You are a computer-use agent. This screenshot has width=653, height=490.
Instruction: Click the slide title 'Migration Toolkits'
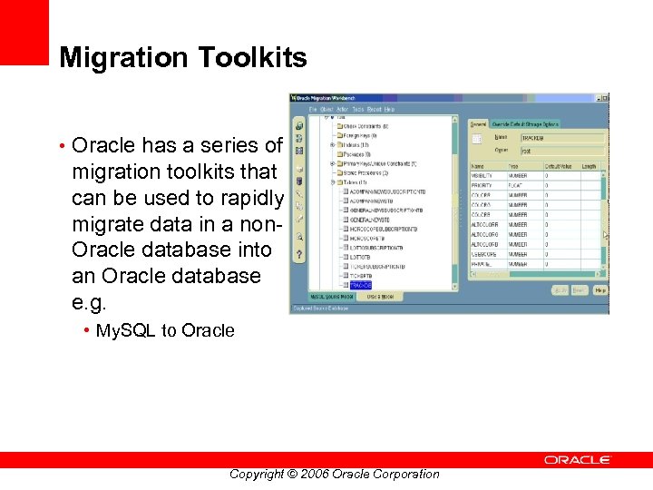[x=182, y=58]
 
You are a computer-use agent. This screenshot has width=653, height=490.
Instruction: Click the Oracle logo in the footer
[x=578, y=460]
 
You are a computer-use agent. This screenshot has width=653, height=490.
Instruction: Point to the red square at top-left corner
[x=24, y=32]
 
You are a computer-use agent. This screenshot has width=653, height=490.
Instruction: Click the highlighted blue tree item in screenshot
[x=360, y=285]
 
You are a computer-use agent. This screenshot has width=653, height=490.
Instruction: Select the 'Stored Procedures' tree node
[x=365, y=172]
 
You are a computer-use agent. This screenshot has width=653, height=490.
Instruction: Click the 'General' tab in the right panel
[x=478, y=123]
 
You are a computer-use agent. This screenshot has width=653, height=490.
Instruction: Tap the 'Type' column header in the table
[x=513, y=166]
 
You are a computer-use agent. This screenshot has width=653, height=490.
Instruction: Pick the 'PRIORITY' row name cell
[x=482, y=185]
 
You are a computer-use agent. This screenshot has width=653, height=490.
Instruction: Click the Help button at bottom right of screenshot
[x=600, y=289]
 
